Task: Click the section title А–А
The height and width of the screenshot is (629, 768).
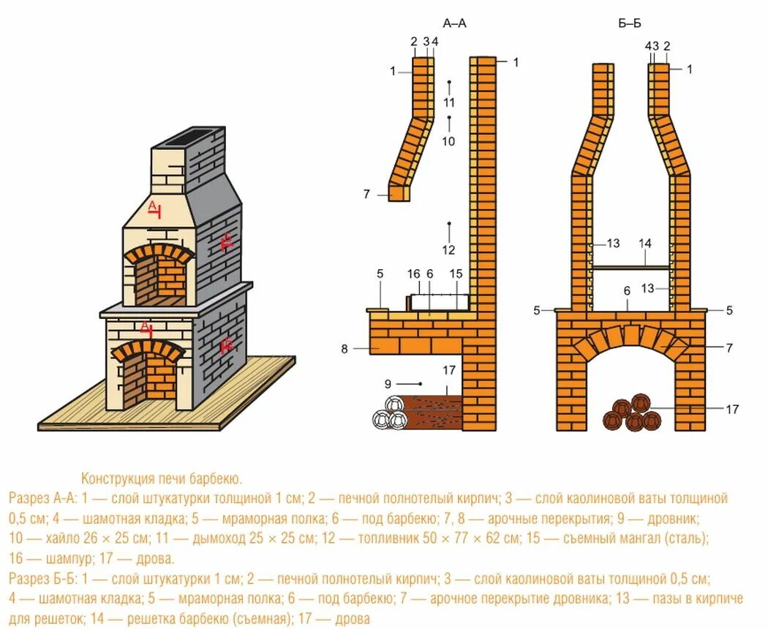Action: [454, 24]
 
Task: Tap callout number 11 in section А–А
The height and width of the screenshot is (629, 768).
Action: [449, 102]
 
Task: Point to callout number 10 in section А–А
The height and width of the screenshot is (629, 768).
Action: [448, 140]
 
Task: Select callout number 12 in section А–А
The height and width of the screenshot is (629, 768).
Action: [448, 249]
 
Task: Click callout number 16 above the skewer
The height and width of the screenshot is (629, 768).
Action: [414, 274]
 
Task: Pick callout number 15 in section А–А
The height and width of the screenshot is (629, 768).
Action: [456, 274]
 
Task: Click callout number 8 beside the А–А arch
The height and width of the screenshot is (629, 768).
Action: [345, 349]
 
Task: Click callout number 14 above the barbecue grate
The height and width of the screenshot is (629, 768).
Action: [644, 243]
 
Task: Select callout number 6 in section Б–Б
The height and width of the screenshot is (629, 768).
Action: [627, 290]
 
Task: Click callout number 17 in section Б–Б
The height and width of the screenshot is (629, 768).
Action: [732, 409]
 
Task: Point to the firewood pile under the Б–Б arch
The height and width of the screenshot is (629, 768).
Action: [633, 414]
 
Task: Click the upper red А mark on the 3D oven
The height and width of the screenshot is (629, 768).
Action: [154, 208]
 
